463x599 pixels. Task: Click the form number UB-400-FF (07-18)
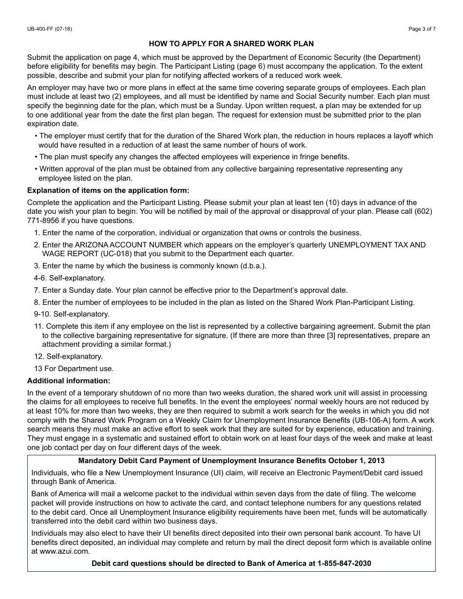[49, 29]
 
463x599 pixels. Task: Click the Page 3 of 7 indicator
[422, 29]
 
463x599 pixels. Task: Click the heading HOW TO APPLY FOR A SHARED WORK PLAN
[231, 44]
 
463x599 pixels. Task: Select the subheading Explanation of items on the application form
[108, 190]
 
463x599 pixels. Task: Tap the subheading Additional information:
[69, 380]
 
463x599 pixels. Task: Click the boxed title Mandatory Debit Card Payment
[231, 461]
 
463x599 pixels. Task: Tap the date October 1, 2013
[356, 461]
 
